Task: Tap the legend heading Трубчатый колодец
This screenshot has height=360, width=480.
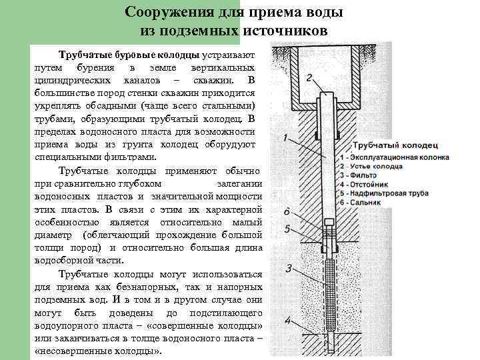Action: click(395, 145)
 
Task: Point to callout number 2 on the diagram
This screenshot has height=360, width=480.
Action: click(308, 77)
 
